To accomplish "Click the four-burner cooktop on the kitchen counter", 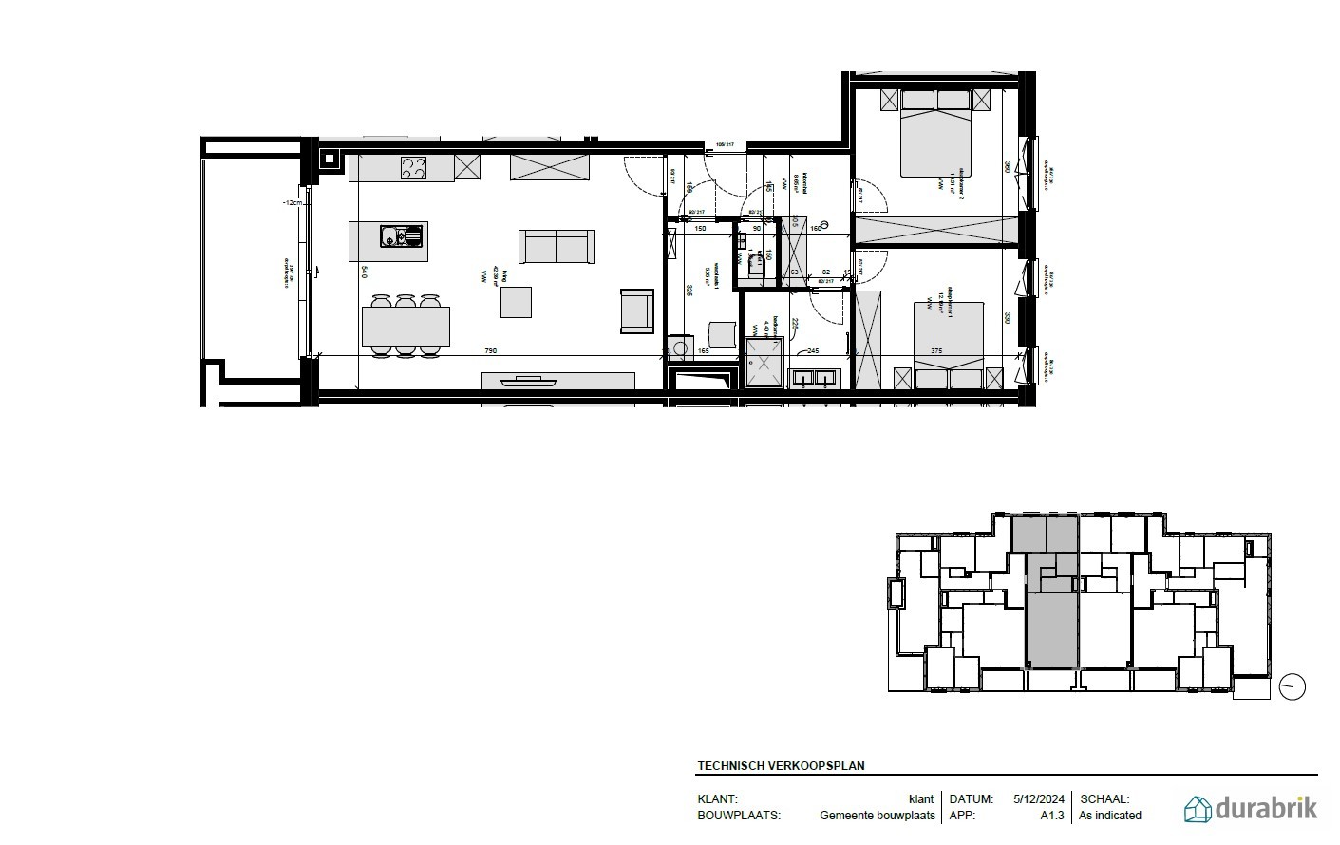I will tap(414, 168).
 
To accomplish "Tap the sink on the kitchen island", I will tap(401, 235).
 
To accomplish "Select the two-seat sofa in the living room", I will tap(557, 247).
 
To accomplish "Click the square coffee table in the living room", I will tap(517, 302).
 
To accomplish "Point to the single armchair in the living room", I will tap(637, 311).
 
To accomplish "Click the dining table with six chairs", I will tap(406, 326).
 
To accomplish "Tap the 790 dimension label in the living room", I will tap(491, 351).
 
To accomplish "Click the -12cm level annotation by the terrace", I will tap(292, 202).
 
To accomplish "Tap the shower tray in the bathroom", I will tap(763, 363).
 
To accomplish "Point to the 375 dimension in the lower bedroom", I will tap(936, 351).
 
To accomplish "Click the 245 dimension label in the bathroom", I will tap(813, 351).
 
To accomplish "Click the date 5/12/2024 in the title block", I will tap(1039, 799).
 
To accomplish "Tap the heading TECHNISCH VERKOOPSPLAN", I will tap(781, 766).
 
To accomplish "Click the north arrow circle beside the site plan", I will tap(1293, 686).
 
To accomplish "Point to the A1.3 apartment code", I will tap(1052, 815).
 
